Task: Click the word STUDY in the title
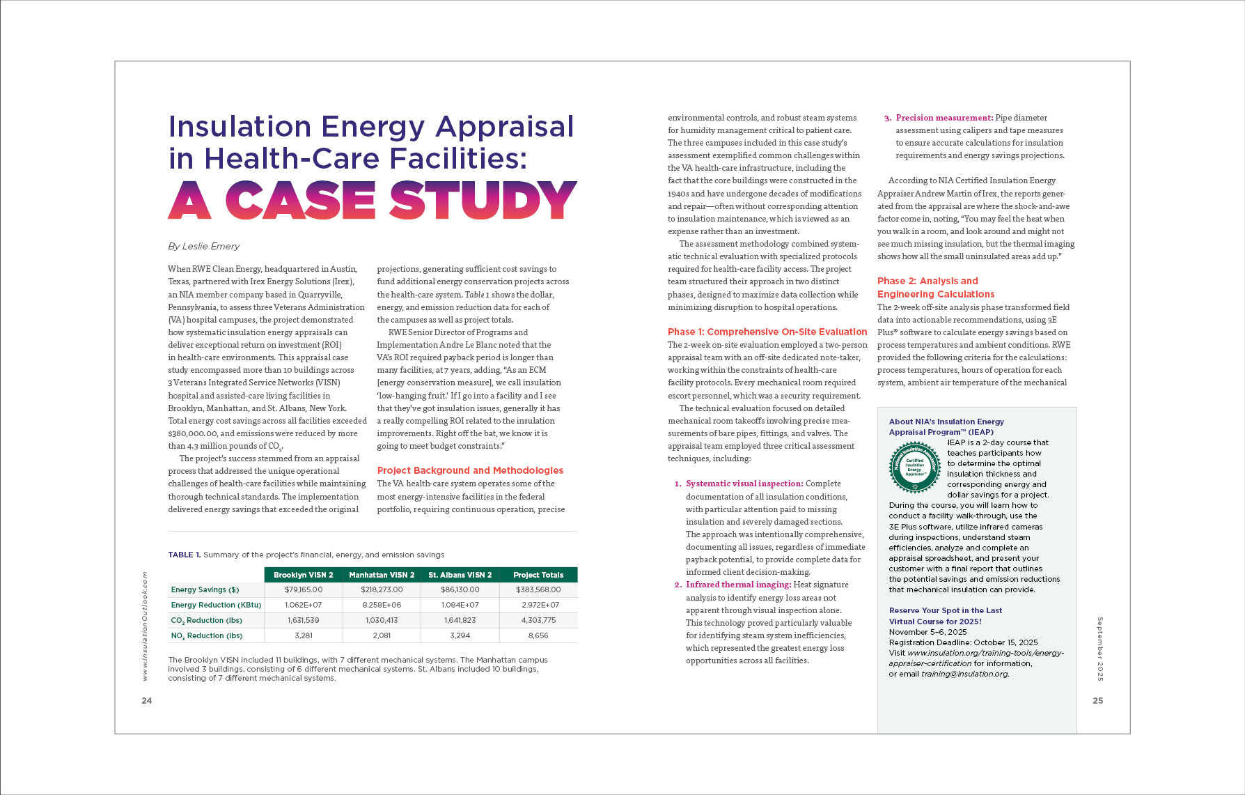(483, 200)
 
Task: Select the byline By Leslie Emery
(203, 246)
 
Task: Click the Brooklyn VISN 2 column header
(303, 575)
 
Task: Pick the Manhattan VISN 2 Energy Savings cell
(382, 589)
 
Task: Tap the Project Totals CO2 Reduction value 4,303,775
(538, 620)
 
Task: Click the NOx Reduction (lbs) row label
(207, 635)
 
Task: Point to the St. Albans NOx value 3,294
(460, 635)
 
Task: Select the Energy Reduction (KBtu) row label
(216, 605)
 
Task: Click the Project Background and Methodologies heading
(470, 470)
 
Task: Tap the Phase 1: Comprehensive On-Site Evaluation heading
(767, 332)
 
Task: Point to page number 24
(147, 700)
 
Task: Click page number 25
(1097, 700)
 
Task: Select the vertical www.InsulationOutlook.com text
(145, 626)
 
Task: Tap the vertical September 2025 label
(1100, 648)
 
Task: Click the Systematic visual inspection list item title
(744, 484)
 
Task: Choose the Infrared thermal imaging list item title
(738, 585)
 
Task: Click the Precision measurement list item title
(944, 118)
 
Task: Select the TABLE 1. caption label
(184, 555)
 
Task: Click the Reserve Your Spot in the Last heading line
(945, 610)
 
